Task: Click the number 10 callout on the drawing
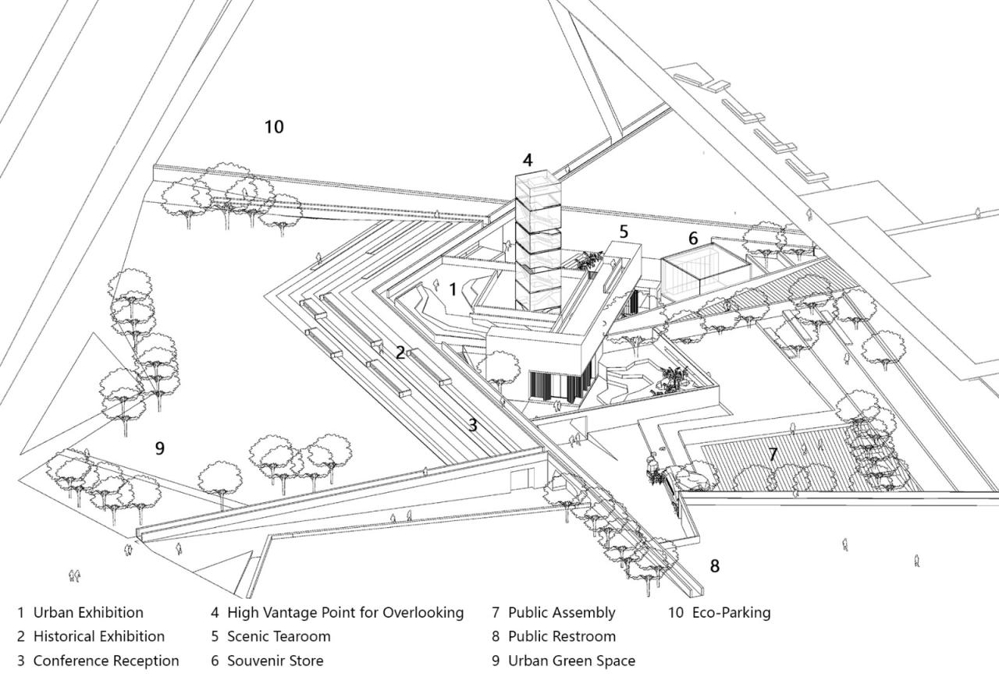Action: (x=274, y=126)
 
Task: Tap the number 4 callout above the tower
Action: (x=528, y=161)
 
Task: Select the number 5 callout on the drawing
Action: (x=624, y=232)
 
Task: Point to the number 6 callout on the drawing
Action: (x=693, y=239)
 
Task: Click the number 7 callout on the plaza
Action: (x=773, y=454)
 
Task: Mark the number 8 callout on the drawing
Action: (x=714, y=565)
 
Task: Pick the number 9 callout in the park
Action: (x=159, y=448)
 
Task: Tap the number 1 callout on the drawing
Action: (x=453, y=289)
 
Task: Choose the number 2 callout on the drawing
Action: (x=400, y=352)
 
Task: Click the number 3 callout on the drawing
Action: (x=472, y=425)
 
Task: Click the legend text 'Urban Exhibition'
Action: (x=88, y=613)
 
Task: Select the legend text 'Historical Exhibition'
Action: (x=99, y=637)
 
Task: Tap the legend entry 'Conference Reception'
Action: (x=106, y=661)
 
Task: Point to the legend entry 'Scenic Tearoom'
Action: (x=279, y=637)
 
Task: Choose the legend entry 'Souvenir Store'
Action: (x=275, y=661)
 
